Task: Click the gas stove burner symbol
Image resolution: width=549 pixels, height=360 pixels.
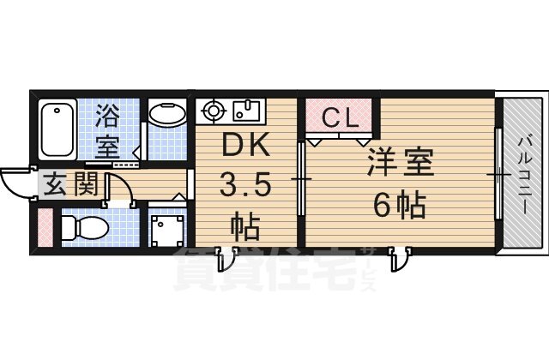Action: (212, 110)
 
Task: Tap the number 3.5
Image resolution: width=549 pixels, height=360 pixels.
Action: (246, 185)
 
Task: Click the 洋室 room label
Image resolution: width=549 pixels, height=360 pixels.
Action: (401, 163)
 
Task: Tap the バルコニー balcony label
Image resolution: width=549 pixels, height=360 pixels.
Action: (522, 171)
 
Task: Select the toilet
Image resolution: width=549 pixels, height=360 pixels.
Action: (84, 227)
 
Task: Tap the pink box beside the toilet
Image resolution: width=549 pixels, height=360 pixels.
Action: (44, 228)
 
